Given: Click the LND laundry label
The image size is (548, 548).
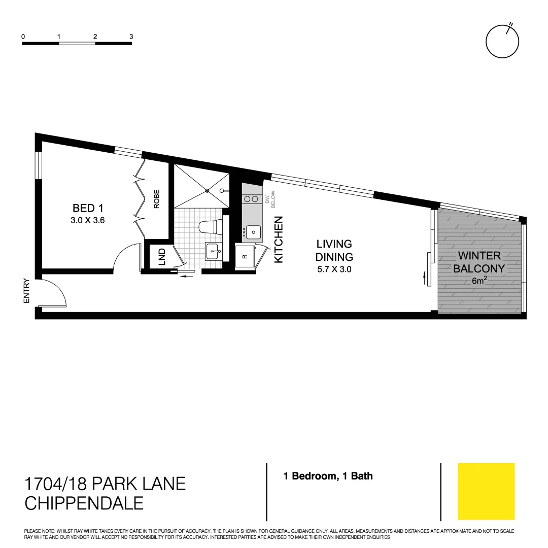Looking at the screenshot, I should pyautogui.click(x=162, y=257).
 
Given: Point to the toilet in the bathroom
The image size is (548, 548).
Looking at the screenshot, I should pyautogui.click(x=210, y=227).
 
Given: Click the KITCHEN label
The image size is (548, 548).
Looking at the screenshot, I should pyautogui.click(x=279, y=239).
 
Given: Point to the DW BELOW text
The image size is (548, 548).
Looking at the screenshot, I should pyautogui.click(x=270, y=197).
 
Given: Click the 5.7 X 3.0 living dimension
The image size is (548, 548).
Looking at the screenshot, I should pyautogui.click(x=334, y=269).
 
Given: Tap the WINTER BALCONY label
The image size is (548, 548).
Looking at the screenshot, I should pyautogui.click(x=479, y=262).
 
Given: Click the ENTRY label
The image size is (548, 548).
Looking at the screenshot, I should pyautogui.click(x=26, y=291).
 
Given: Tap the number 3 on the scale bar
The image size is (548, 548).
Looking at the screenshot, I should pyautogui.click(x=131, y=37).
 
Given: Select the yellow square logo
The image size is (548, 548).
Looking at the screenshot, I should pyautogui.click(x=486, y=491).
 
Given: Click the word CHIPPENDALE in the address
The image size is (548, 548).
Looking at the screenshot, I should pyautogui.click(x=84, y=503).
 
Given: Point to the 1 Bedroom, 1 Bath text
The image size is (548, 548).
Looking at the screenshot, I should pyautogui.click(x=328, y=476).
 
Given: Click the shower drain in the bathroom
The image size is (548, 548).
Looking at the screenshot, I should pyautogui.click(x=207, y=190).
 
